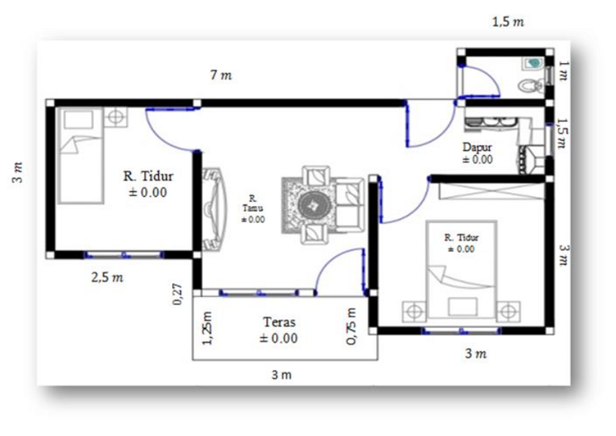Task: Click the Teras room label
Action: pos(279,322)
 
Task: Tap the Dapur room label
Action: pos(477,147)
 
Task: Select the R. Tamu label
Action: pos(253,204)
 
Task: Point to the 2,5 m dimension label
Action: pos(107,278)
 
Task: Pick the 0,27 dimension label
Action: pos(177,294)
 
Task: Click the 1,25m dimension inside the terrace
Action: pos(207,328)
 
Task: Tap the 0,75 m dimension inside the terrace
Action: pos(351,326)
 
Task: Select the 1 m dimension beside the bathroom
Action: pos(563,71)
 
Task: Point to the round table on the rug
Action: pos(313,205)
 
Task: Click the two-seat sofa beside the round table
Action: pos(350,204)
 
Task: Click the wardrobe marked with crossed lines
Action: pos(491,191)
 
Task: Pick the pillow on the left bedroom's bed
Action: pos(79,119)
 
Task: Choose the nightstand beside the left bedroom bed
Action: pos(115,117)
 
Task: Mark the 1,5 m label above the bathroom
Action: pos(508,22)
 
